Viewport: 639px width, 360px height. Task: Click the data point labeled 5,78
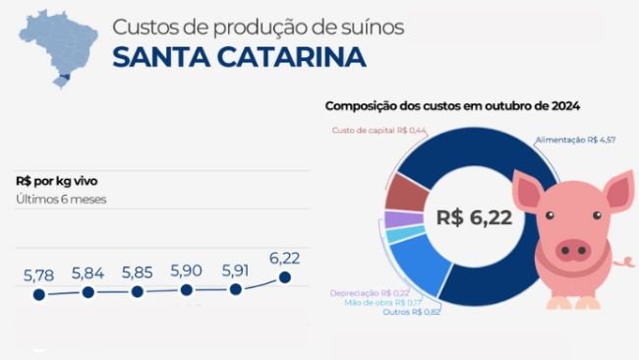tap(39, 294)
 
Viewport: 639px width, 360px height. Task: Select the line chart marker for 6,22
tap(285, 277)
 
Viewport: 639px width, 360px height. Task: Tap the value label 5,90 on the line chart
tap(186, 270)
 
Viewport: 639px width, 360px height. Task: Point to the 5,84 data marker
tap(88, 292)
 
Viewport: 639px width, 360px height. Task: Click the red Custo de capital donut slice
tap(406, 193)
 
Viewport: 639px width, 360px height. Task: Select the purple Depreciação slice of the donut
tap(403, 219)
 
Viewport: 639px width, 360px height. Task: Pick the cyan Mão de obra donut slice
tap(405, 234)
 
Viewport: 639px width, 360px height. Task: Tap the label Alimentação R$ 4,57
tap(575, 140)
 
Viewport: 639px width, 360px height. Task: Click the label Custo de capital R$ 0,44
tap(379, 130)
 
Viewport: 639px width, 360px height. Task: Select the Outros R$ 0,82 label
tap(412, 312)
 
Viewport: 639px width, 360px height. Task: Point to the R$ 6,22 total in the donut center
tap(474, 217)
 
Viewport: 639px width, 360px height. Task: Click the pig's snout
tap(573, 250)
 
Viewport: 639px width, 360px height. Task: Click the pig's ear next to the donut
tap(529, 191)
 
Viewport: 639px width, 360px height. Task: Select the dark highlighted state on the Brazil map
tap(65, 76)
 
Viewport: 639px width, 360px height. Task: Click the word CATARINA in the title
tap(291, 57)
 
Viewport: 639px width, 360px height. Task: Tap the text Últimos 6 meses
tap(61, 200)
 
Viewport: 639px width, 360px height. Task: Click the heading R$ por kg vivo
tap(57, 181)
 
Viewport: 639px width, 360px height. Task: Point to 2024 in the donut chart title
tap(565, 106)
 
